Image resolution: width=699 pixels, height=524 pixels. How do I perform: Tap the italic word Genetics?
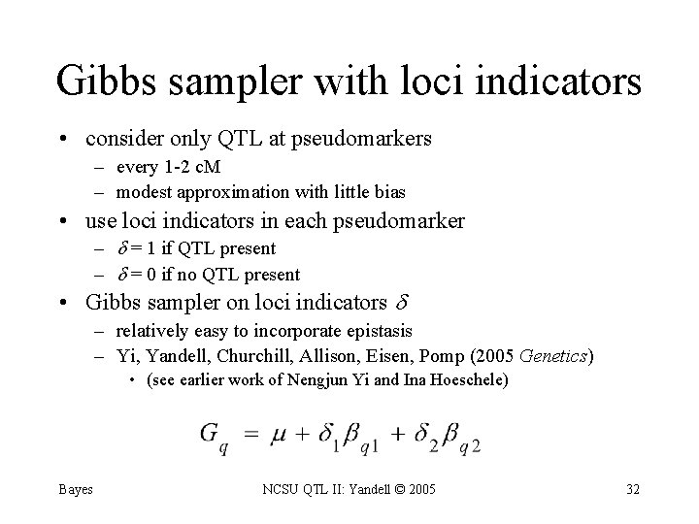point(553,356)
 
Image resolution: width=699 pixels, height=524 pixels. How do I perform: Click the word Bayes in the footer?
point(75,489)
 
